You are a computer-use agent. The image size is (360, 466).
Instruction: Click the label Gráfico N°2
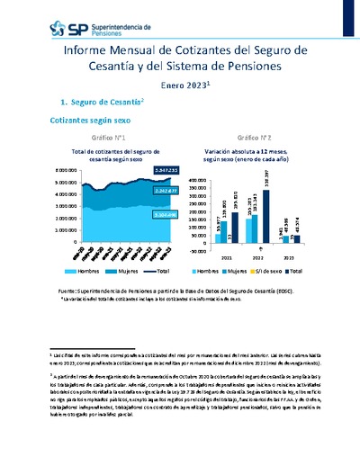[x=250, y=138]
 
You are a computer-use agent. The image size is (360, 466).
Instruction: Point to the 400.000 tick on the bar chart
[x=199, y=180]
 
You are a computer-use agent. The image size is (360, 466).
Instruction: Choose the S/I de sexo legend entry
[x=268, y=270]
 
